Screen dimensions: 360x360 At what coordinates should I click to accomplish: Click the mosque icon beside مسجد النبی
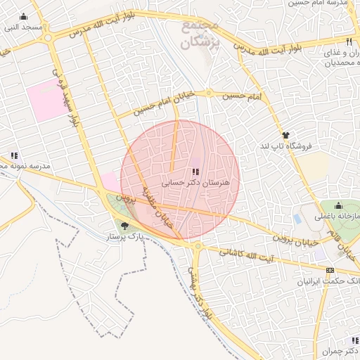point(25,17)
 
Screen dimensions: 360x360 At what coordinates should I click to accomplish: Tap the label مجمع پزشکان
point(200,34)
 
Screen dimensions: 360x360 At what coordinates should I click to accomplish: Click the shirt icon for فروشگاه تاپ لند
point(285,135)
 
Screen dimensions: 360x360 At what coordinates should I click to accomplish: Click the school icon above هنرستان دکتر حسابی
point(194,172)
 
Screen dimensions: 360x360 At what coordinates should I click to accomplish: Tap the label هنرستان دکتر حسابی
point(200,182)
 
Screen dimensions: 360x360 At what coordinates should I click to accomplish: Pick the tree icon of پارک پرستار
point(125,226)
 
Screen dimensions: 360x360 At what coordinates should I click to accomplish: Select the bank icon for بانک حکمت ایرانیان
point(330,269)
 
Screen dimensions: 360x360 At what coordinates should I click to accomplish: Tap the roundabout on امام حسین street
point(209,94)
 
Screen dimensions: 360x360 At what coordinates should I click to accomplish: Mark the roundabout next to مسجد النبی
point(49,40)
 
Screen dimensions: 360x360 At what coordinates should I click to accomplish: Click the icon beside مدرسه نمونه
point(13,156)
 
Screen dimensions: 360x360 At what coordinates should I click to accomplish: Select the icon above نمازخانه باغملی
point(339,207)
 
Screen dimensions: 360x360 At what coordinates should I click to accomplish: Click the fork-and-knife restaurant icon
point(349,41)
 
